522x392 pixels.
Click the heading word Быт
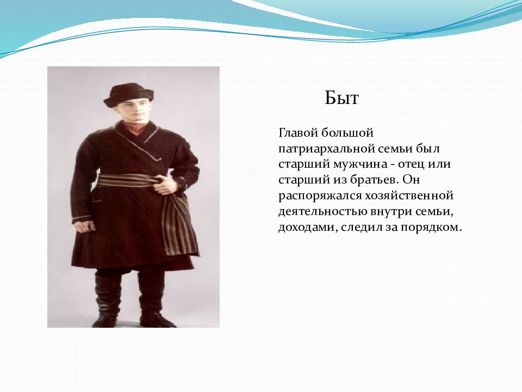tap(341, 98)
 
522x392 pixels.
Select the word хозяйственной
tap(409, 195)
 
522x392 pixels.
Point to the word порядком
tap(431, 228)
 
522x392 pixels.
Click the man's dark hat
tap(128, 95)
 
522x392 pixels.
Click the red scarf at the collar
tap(135, 127)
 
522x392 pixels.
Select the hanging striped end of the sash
tap(180, 224)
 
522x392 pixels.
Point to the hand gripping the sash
tap(166, 185)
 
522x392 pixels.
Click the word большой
tap(347, 133)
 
